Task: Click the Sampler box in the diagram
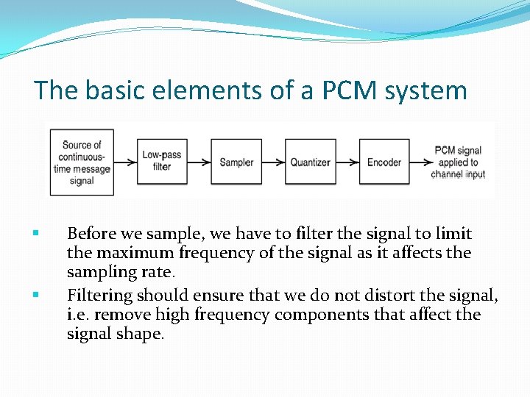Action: tap(236, 162)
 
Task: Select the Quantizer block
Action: tap(310, 162)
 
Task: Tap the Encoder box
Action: tap(384, 162)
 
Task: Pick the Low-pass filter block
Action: tap(162, 162)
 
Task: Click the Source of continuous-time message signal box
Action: tap(82, 162)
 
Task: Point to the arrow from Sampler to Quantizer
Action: tap(273, 162)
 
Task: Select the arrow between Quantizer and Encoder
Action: tap(347, 162)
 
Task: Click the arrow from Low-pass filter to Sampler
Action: tap(199, 162)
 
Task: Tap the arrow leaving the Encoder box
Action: tap(419, 162)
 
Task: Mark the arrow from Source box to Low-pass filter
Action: tap(125, 162)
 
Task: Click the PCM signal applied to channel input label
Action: tap(458, 162)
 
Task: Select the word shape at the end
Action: tap(143, 334)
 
